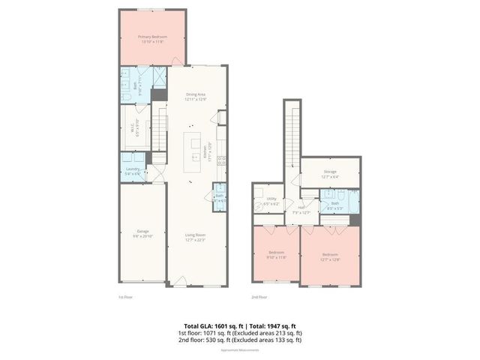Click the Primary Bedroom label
[152, 39]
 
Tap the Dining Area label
[196, 97]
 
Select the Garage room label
[142, 233]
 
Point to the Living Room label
[196, 238]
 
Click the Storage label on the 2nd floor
[330, 174]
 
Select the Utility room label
[271, 202]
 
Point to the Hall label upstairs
[301, 210]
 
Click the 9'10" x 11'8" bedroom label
[276, 255]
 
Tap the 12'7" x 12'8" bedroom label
[330, 257]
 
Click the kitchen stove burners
[221, 160]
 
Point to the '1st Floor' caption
[126, 297]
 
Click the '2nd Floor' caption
[259, 297]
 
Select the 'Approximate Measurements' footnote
[240, 349]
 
